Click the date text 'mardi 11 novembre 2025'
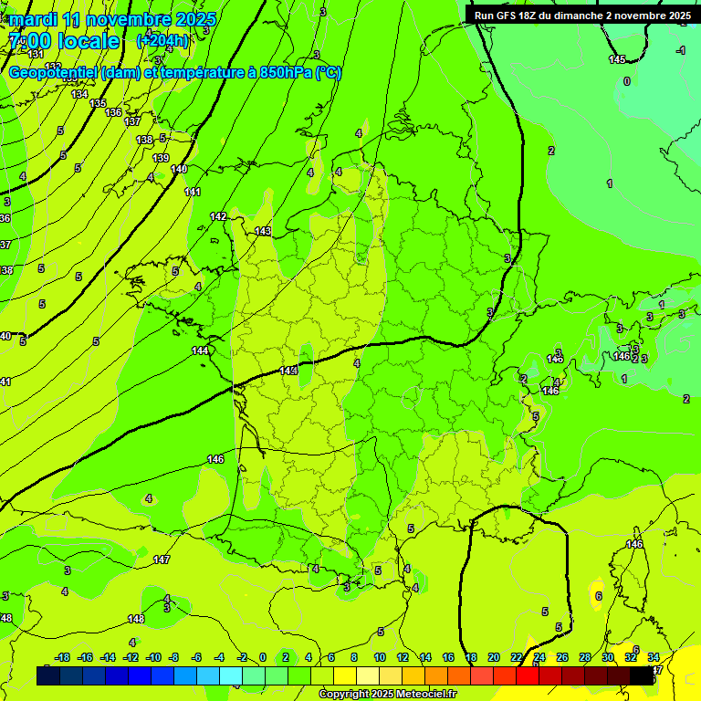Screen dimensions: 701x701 click(114, 19)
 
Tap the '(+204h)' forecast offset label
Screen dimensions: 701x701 click(163, 41)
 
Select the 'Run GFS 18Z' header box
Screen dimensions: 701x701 click(582, 16)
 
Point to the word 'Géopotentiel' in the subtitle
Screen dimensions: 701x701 click(53, 73)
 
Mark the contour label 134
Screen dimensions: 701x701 click(79, 94)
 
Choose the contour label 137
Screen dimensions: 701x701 click(132, 121)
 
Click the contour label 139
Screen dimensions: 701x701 click(161, 158)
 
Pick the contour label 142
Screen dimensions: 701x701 click(218, 216)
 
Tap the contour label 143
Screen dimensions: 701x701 click(263, 232)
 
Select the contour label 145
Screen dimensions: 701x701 click(618, 59)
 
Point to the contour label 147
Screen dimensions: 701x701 click(162, 560)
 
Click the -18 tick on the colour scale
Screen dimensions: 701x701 click(63, 657)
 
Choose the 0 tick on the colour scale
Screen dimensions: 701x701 click(262, 657)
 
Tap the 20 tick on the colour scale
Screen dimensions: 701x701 click(494, 657)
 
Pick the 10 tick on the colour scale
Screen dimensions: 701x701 click(380, 657)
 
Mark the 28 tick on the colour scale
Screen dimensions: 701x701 click(585, 657)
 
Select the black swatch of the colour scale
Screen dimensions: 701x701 click(642, 675)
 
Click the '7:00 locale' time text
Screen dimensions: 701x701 click(64, 42)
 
